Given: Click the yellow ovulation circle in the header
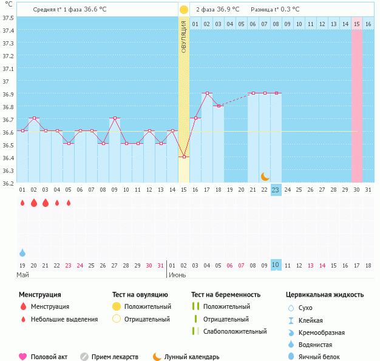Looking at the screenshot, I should point(184,10).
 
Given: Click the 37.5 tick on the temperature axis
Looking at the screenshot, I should point(8,18).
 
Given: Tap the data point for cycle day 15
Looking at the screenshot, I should point(184,157).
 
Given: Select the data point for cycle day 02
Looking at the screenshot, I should point(34,118).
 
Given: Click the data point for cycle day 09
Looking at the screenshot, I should point(115,118).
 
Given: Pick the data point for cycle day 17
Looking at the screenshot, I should point(207,93).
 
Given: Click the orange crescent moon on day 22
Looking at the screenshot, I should point(265,176).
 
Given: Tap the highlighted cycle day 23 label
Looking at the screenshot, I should point(276,190).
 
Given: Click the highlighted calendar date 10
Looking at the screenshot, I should point(276,265).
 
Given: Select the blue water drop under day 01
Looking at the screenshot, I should point(22,252).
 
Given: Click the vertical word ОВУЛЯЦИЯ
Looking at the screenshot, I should point(184,36).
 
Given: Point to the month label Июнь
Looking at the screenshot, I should point(177,275).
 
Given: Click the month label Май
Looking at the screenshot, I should point(22,275).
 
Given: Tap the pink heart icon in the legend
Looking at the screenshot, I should point(23,357).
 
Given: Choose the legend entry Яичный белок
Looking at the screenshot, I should point(321,357).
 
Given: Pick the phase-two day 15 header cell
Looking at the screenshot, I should point(357,24).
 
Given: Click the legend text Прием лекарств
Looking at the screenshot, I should point(115,357).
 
